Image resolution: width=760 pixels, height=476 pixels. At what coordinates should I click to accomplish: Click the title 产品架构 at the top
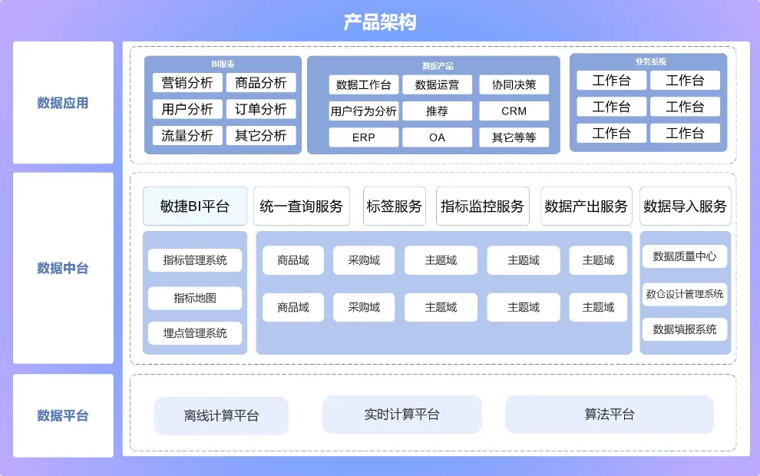point(380,21)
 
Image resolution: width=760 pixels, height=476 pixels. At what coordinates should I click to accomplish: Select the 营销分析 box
point(187,83)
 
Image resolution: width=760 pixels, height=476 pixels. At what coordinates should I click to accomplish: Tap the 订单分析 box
point(261,109)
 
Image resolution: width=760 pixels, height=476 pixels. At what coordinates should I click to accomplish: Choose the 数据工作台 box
point(363,84)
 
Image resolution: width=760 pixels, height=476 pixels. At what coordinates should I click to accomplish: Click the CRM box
point(514,111)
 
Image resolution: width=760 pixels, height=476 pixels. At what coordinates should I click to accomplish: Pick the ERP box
point(363,137)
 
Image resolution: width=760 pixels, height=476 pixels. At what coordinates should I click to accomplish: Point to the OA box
point(437,137)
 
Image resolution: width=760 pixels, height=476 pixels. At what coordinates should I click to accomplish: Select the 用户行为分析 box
point(363,111)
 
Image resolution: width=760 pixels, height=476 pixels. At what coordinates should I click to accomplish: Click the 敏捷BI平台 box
point(195,206)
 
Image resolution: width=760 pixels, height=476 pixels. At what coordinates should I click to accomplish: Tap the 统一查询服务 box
point(301,206)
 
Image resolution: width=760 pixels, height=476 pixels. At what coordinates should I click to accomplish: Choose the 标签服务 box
point(394,206)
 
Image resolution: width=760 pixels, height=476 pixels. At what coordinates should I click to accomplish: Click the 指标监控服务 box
point(482,206)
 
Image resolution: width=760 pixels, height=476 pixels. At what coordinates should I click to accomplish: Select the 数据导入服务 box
point(685,206)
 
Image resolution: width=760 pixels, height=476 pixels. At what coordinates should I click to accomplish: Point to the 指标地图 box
point(195,298)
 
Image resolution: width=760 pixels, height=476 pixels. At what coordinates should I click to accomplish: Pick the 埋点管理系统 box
point(195,332)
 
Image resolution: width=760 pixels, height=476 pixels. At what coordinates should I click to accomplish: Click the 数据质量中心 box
point(685,256)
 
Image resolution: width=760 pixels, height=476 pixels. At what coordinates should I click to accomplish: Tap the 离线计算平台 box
point(221,415)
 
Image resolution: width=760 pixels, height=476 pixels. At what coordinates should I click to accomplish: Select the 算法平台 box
point(609,415)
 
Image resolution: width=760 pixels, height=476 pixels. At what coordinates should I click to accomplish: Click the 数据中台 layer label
point(63,268)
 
